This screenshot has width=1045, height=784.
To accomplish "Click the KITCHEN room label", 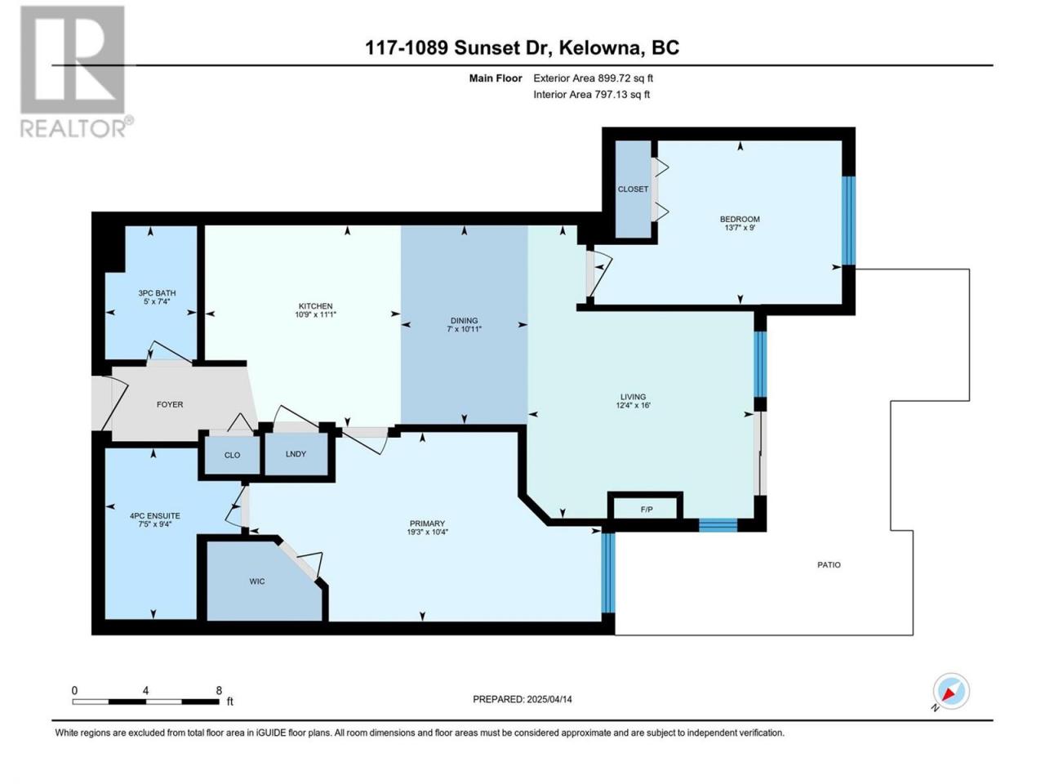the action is click(315, 306).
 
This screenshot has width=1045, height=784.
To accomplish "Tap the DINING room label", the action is click(465, 320).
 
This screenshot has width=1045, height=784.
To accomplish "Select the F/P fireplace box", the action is click(646, 510).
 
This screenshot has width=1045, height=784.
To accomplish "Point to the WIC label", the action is click(257, 581).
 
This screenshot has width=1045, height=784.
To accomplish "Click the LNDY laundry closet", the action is click(296, 454).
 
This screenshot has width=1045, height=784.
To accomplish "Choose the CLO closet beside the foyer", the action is click(232, 455).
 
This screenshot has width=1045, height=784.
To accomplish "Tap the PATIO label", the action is click(829, 564).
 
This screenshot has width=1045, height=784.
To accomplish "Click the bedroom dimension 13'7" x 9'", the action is click(740, 228).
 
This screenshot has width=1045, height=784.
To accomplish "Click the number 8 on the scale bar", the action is click(219, 690).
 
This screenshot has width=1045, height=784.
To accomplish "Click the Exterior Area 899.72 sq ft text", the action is click(594, 78).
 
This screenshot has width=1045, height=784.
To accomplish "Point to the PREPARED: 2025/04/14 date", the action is click(522, 699).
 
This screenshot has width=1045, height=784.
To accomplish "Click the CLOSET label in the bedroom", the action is click(633, 189).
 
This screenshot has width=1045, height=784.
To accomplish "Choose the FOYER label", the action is click(170, 404).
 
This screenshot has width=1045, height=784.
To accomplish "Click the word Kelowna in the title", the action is click(598, 47).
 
